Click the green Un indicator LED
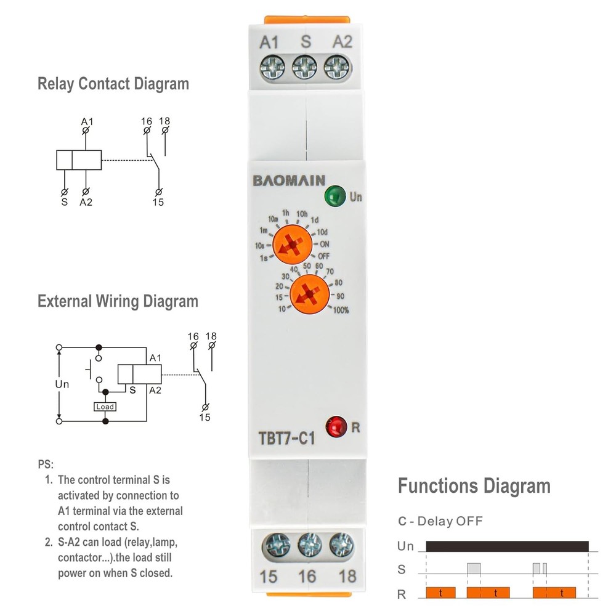pos(333,197)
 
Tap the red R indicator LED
pos(336,426)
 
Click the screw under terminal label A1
pos(272,67)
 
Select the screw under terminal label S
pos(304,67)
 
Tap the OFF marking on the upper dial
pos(324,255)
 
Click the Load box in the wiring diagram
pos(105,407)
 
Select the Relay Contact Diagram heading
pos(113,84)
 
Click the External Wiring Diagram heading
pos(118,301)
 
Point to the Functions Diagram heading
pos(474,486)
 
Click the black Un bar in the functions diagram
pos(507,546)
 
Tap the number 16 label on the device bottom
pos(307,577)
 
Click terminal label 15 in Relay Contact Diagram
pos(158,202)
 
